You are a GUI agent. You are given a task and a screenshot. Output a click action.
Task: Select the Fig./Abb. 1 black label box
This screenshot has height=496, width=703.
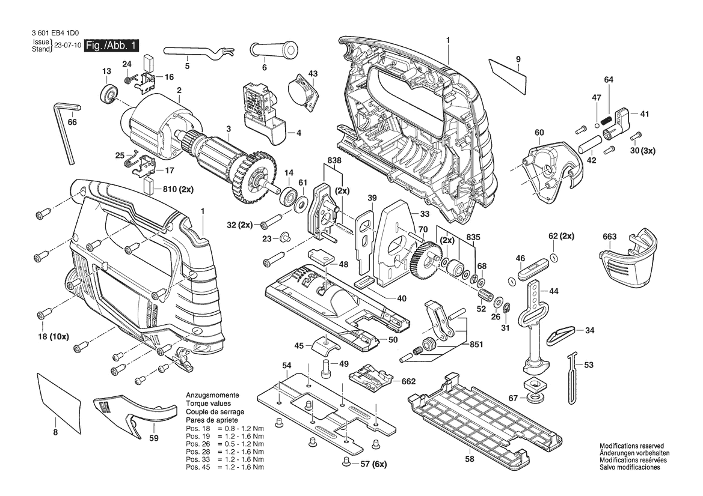pyautogui.click(x=112, y=46)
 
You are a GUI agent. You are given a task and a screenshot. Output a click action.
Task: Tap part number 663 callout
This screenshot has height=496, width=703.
pyautogui.click(x=609, y=237)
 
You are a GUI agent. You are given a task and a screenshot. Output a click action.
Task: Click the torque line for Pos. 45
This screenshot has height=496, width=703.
pyautogui.click(x=224, y=467)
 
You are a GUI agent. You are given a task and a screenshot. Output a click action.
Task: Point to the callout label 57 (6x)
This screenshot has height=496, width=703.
pyautogui.click(x=372, y=464)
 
